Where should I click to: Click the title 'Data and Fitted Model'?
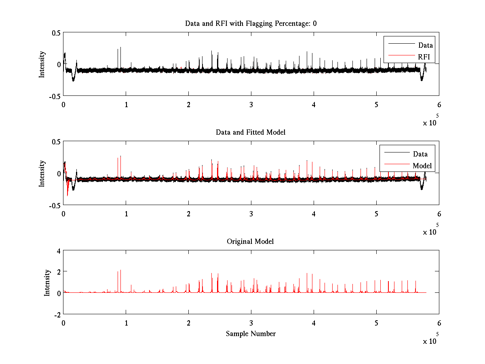251,132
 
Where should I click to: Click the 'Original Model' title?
250,241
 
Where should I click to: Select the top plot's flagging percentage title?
251,23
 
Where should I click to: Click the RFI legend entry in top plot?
424,57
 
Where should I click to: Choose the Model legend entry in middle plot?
422,165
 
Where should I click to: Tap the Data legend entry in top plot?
425,45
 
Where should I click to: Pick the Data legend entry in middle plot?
420,154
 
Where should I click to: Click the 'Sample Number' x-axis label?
251,334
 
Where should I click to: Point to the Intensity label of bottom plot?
47,282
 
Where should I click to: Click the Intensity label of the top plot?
42,64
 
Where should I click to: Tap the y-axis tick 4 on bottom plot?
58,251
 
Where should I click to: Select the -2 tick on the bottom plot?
57,314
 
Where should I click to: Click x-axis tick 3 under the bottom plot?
251,323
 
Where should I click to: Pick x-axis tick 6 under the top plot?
439,105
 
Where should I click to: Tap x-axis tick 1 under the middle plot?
126,214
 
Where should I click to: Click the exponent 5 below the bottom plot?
437,334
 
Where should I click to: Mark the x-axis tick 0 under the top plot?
63,105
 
